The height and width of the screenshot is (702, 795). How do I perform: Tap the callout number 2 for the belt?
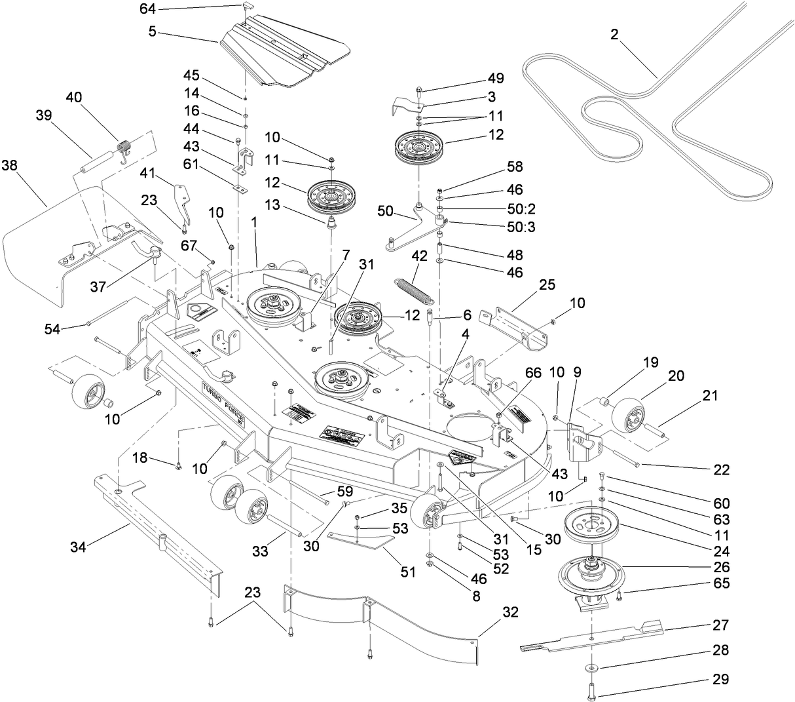pos(614,35)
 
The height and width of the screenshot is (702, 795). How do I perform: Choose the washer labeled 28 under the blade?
pos(591,668)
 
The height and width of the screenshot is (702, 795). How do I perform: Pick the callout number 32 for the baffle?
pos(509,613)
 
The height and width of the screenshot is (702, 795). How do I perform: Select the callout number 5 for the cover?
pos(151,31)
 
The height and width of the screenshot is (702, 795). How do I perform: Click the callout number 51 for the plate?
pos(408,572)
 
